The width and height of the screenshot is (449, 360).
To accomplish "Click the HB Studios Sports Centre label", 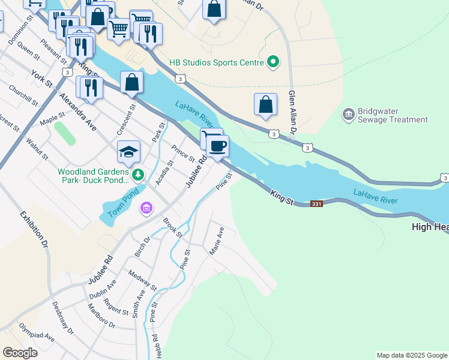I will tap(217, 62).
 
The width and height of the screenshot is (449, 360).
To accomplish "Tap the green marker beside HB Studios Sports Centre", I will tap(273, 62).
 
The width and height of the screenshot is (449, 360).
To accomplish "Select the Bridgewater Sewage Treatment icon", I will tap(348, 114).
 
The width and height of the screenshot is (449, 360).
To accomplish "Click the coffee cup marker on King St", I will tap(217, 145).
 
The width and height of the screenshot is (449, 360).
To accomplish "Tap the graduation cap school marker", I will tap(128, 152).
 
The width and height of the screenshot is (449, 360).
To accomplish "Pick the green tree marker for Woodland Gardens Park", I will tap(138, 175).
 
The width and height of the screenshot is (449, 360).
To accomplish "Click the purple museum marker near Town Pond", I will tap(146, 208).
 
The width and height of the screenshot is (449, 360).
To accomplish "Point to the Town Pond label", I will tap(123, 203).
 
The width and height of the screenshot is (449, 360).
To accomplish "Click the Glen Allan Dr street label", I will tap(292, 114).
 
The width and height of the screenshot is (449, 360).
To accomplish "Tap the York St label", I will tap(42, 79).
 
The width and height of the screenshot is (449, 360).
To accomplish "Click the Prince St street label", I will tap(182, 154).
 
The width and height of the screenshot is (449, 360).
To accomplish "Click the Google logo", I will tap(20, 353).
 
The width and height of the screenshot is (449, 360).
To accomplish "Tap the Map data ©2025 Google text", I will tap(412, 355).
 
